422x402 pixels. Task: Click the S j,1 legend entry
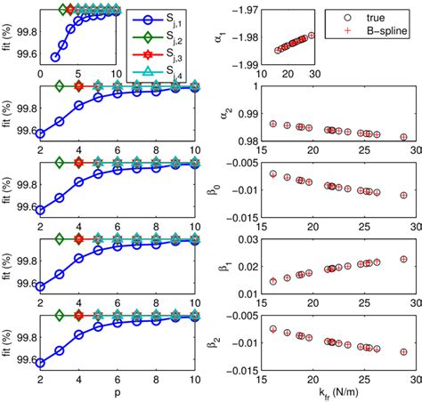pyautogui.click(x=174, y=19)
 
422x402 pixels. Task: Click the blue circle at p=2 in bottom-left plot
pyautogui.click(x=40, y=363)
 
